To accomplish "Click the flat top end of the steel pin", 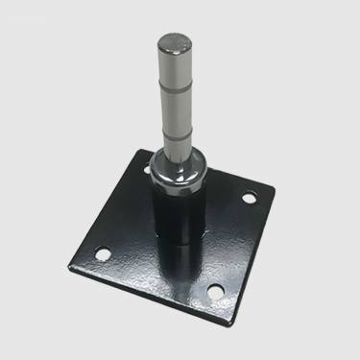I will pyautogui.click(x=174, y=39).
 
